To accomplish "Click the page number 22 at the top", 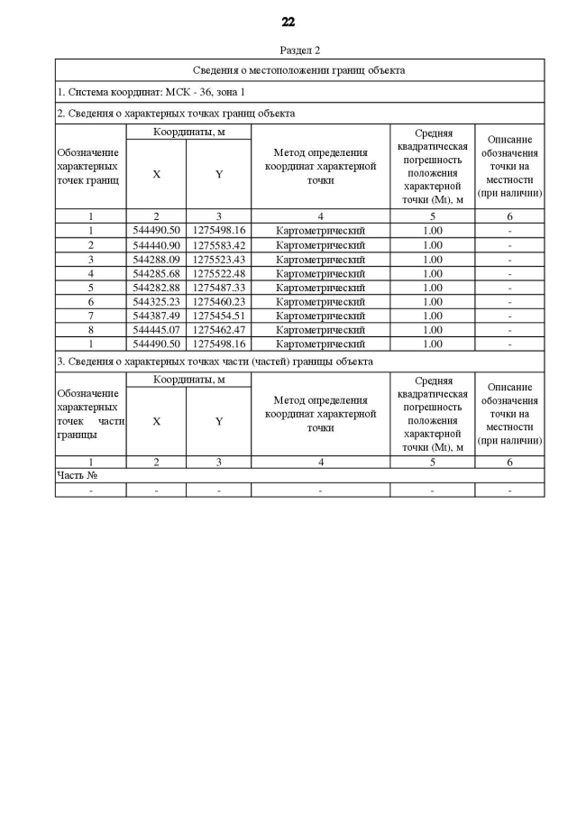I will click(x=288, y=22).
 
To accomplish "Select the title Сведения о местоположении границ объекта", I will click(x=299, y=69).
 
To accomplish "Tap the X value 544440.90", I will click(x=156, y=245).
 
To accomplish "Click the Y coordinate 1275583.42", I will click(x=218, y=245).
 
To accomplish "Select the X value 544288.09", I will click(x=156, y=260).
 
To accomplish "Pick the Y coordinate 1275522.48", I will click(x=218, y=273).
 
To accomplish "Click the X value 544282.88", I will click(x=156, y=288).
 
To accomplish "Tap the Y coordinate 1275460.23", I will click(x=218, y=301).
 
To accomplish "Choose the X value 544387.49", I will click(x=156, y=316).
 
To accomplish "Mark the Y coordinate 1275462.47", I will click(x=218, y=330).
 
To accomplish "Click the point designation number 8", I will click(x=90, y=330).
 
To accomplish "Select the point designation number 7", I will click(x=90, y=316).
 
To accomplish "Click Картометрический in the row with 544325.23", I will click(x=320, y=301).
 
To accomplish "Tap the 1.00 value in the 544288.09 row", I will click(x=432, y=260).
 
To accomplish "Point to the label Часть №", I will click(x=77, y=475).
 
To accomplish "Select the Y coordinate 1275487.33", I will click(x=218, y=288).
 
